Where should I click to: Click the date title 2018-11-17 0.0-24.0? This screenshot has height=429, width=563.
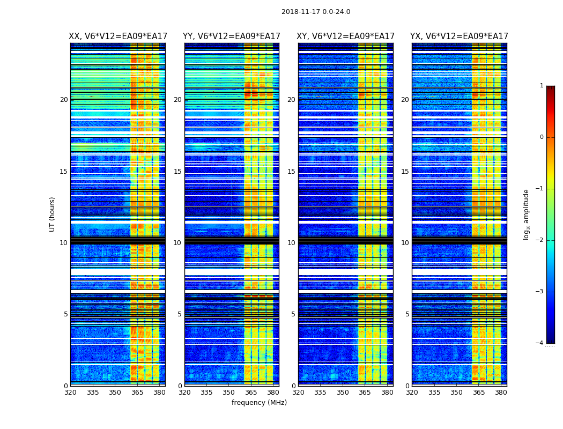(316, 12)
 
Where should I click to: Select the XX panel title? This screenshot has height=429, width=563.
(117, 36)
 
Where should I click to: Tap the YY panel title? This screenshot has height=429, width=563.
(232, 36)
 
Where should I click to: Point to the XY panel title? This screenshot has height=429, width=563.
(346, 36)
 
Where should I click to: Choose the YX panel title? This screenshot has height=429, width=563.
(459, 36)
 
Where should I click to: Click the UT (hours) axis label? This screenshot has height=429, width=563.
(53, 214)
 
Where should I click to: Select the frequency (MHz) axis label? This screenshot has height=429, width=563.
(259, 403)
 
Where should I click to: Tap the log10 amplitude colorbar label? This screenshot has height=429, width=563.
(527, 214)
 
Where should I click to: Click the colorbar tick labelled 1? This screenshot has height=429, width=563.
(542, 86)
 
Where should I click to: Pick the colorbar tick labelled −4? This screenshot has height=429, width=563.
(540, 343)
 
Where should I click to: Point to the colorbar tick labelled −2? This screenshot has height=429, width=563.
(540, 240)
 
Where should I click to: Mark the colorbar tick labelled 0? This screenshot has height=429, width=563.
(542, 137)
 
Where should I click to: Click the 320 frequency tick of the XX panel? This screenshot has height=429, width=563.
(71, 393)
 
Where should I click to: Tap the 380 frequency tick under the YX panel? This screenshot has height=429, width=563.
(501, 393)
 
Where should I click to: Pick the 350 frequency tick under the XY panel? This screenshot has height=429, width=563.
(342, 393)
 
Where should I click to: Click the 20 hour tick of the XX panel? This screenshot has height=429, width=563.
(64, 100)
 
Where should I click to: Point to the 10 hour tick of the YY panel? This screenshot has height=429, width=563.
(177, 243)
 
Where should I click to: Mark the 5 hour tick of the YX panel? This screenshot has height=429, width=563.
(408, 314)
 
